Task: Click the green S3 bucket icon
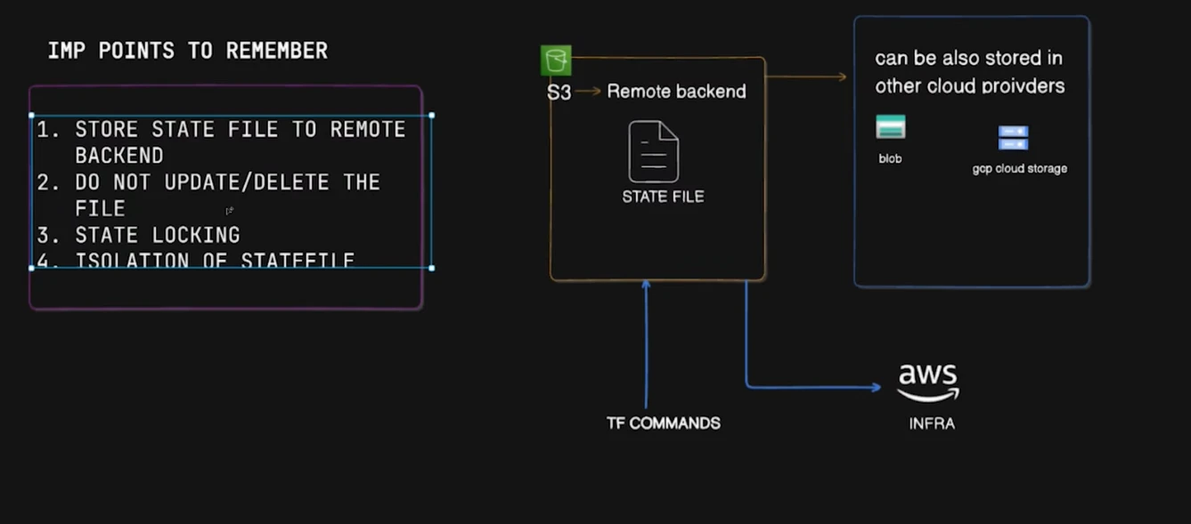coord(556,60)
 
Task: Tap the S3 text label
coord(559,92)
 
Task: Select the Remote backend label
coord(676,91)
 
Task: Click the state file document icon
coord(654,152)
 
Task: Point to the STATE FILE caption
coord(663,197)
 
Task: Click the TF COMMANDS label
coord(663,423)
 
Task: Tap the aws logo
coord(928,382)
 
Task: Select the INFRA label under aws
coord(932,424)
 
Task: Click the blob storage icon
coord(891,127)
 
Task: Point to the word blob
coord(890,159)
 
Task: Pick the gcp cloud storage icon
coord(1014,138)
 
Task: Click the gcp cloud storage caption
coord(1019,169)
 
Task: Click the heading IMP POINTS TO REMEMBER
coord(188,51)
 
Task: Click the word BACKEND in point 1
coord(119,156)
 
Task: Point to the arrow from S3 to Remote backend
coord(588,91)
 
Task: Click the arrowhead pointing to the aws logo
coord(876,387)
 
